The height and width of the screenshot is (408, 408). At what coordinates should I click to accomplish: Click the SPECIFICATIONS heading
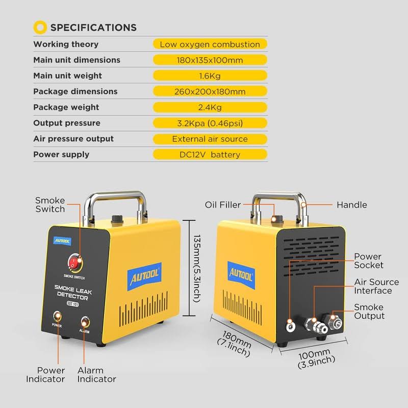coord(93,28)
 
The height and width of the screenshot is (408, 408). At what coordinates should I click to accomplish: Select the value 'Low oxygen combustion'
coord(210,44)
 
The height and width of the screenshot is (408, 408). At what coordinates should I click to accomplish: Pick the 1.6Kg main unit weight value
coord(210,76)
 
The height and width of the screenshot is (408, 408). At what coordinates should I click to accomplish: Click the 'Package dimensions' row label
coord(75,92)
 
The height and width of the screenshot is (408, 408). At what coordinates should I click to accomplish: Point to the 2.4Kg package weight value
coord(210,108)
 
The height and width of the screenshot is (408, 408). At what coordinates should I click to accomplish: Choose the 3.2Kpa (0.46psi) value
coord(210,123)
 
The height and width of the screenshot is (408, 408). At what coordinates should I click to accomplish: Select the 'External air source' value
coord(210,139)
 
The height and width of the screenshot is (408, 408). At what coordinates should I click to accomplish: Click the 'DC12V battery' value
coord(210,155)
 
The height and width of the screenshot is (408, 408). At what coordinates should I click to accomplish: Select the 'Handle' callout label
coord(351,205)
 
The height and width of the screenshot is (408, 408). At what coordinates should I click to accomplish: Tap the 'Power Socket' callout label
coord(368,261)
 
